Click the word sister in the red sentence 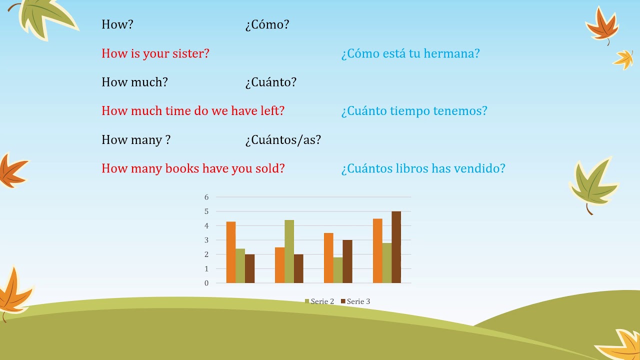click(x=190, y=53)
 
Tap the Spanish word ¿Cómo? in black click(x=267, y=24)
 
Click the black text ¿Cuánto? click(x=270, y=82)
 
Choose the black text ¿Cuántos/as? click(x=283, y=140)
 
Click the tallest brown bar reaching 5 click(x=396, y=247)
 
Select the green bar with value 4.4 click(x=289, y=251)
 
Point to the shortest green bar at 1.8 click(x=337, y=270)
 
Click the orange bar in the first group click(x=230, y=252)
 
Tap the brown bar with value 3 click(x=347, y=261)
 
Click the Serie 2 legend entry click(x=319, y=301)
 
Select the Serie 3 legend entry click(x=355, y=301)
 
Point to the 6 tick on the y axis click(x=206, y=197)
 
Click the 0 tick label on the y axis click(x=206, y=283)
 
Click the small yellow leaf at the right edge click(x=623, y=59)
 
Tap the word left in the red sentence click(x=271, y=111)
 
